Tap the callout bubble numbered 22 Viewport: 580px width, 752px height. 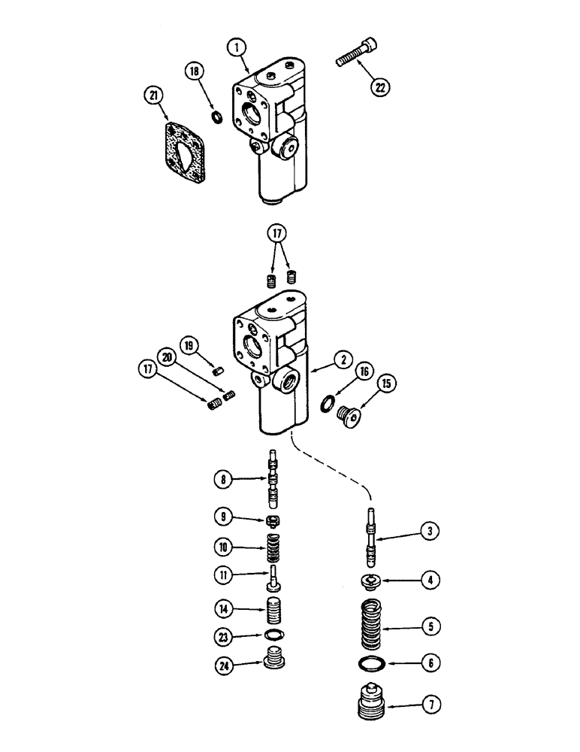tap(380, 86)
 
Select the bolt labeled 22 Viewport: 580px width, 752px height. tap(352, 46)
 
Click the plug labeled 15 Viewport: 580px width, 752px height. tap(348, 415)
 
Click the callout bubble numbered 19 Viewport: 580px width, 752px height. tap(189, 346)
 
